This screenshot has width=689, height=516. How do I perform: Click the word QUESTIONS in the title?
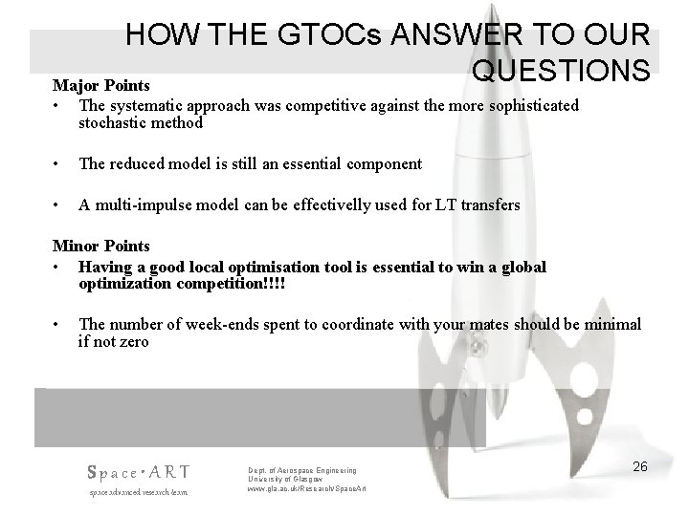[561, 72]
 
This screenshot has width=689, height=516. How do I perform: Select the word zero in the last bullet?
[133, 342]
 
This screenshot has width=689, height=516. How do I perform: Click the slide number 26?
[640, 466]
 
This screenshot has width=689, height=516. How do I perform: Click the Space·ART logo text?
[138, 471]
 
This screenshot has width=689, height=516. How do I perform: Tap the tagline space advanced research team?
[138, 491]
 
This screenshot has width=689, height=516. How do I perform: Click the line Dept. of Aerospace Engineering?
[301, 470]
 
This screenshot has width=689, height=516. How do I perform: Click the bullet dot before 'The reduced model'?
[58, 163]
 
